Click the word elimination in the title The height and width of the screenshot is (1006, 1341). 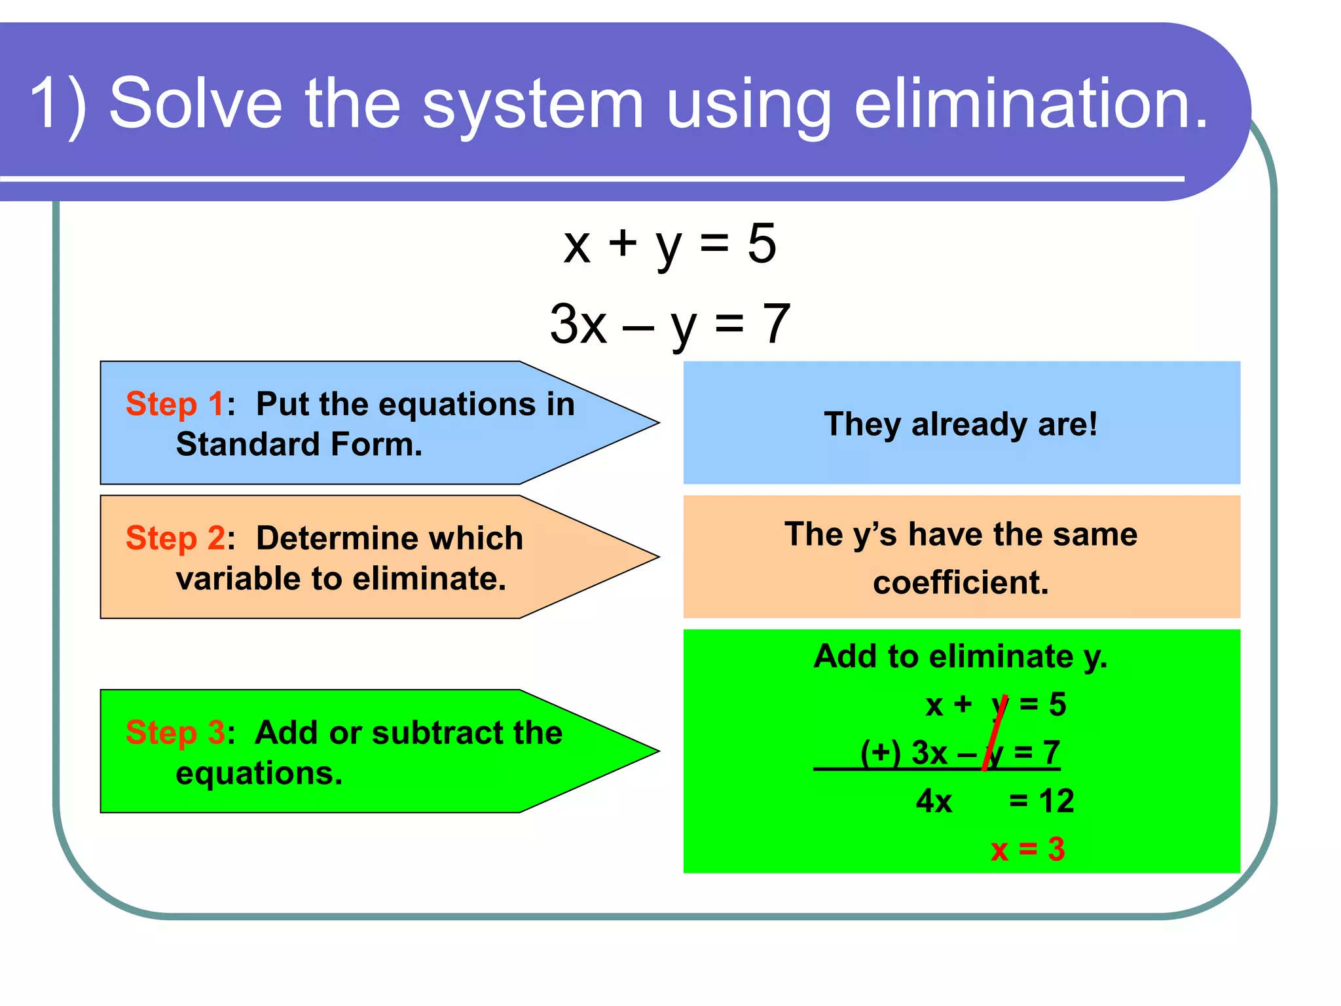1031,103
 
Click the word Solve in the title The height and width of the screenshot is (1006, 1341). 195,103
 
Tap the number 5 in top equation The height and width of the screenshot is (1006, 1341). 762,244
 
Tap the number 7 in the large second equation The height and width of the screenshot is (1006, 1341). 777,324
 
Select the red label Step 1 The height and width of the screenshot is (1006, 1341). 175,404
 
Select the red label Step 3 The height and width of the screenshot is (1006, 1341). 175,732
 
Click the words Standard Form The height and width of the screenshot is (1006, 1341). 299,445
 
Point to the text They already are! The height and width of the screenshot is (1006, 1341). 961,424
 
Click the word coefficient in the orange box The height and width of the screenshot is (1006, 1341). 961,582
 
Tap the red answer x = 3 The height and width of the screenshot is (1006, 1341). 1027,849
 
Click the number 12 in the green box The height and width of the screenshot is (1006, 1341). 1056,801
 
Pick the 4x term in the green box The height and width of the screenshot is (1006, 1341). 934,801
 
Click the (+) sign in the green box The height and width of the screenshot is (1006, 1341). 880,753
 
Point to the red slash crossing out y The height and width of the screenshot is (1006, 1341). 995,732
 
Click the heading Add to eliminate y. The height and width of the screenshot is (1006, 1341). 961,656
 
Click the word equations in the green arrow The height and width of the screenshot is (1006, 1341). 258,773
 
